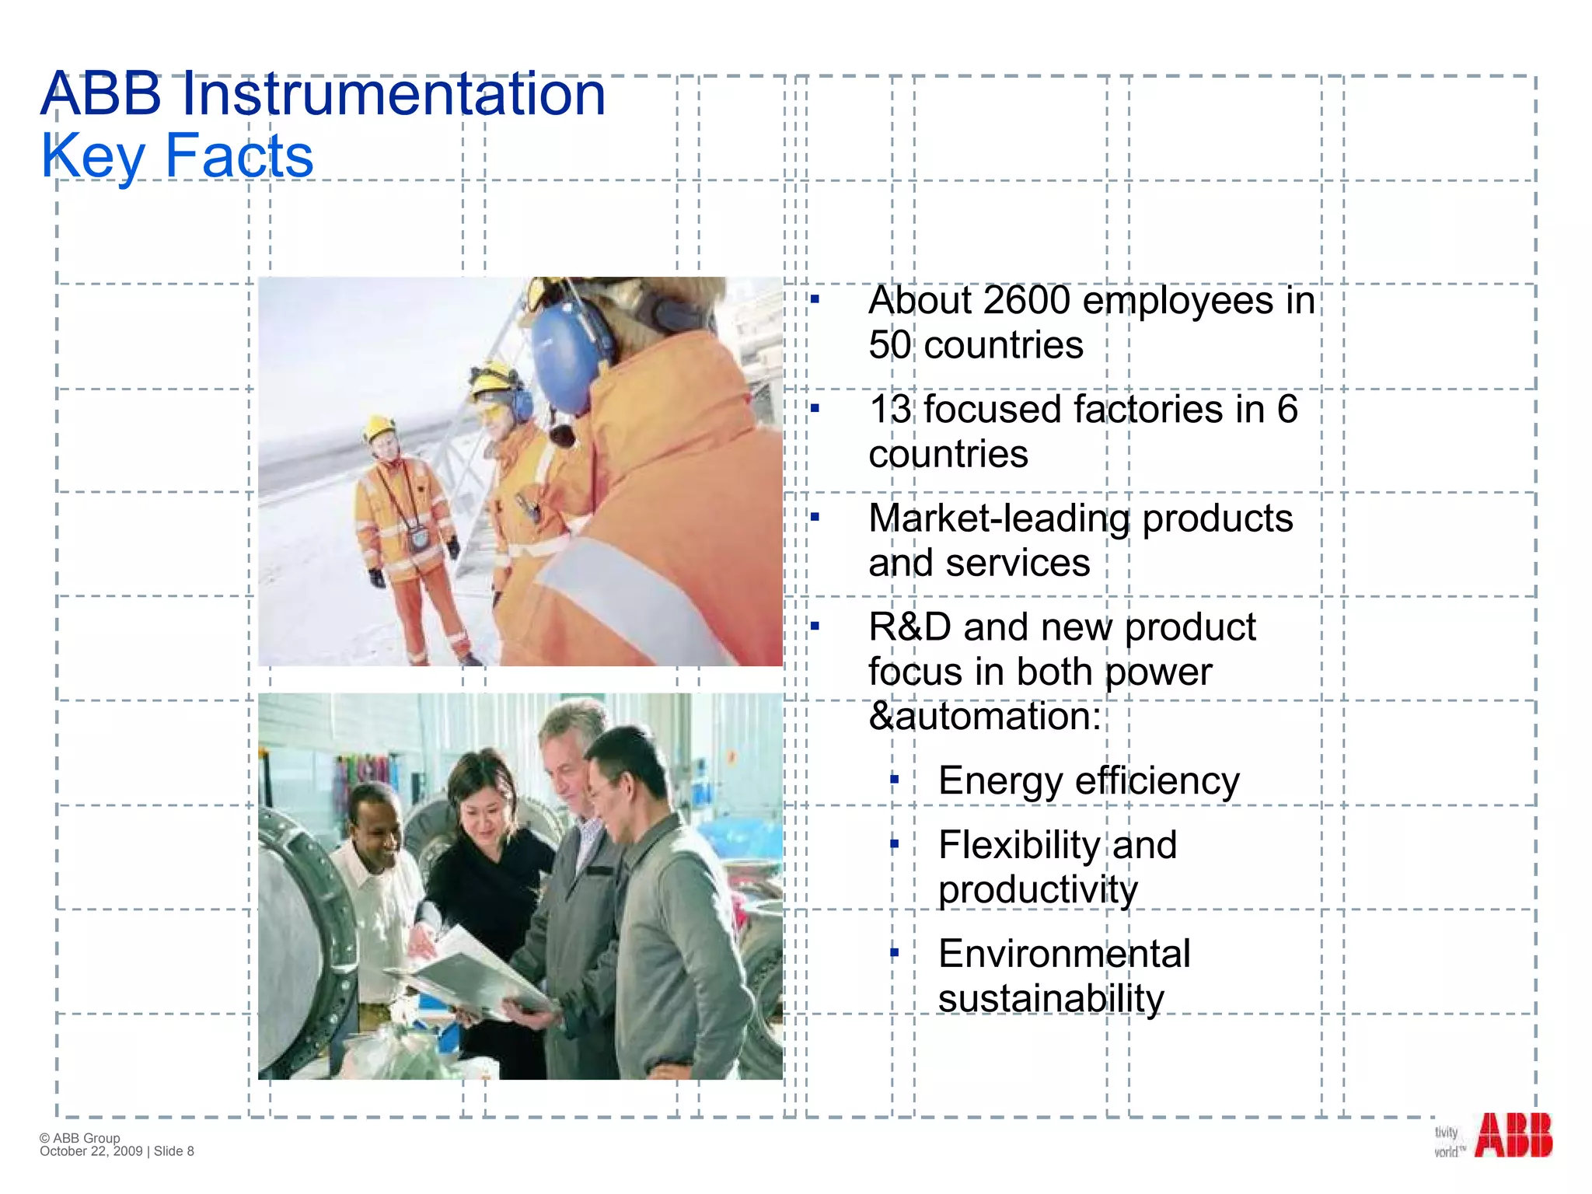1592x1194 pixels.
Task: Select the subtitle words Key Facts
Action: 177,155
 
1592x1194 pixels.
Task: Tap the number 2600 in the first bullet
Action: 1027,301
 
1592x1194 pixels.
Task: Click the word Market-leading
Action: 999,519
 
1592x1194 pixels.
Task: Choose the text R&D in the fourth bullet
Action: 909,627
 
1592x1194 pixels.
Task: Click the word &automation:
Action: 984,716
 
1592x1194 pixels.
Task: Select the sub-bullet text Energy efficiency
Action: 1088,781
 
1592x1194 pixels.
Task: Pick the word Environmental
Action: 1063,954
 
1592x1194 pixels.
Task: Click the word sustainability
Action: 1051,999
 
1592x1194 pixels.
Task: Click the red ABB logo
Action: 1513,1135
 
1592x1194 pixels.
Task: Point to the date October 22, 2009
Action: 91,1151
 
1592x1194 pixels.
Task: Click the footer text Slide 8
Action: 174,1151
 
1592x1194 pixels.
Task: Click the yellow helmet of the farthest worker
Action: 379,428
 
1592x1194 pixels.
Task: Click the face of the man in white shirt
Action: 375,826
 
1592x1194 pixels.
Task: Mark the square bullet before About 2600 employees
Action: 815,299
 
